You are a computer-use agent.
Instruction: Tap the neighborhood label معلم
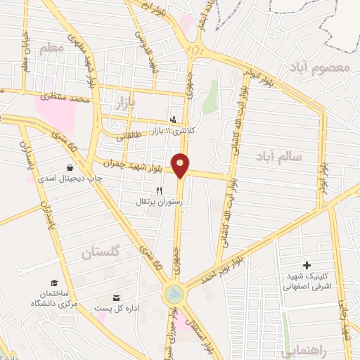point(51,47)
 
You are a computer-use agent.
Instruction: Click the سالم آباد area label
point(278,156)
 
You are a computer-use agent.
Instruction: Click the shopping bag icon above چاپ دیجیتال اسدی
point(70,168)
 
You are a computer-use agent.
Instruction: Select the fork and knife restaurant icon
point(160,191)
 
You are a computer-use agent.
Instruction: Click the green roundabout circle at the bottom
point(172,294)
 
